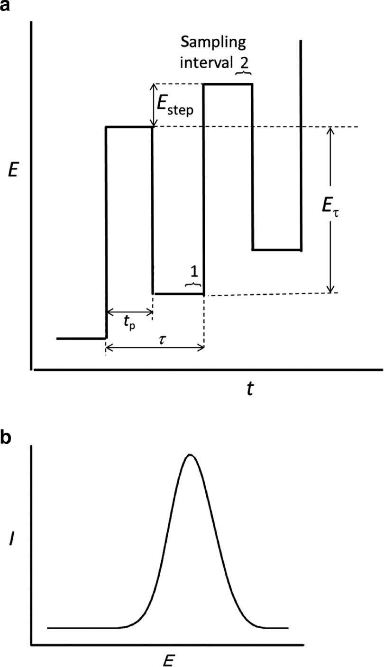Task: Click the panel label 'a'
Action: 5,5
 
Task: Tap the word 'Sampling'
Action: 213,43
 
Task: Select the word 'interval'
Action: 206,62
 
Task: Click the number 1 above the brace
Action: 194,271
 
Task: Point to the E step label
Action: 175,106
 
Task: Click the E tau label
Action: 330,206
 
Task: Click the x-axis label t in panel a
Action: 250,388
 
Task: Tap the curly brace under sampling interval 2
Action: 244,72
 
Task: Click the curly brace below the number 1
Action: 193,284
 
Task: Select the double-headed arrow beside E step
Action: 154,106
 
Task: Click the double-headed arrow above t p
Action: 130,312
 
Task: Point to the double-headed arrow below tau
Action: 155,347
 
